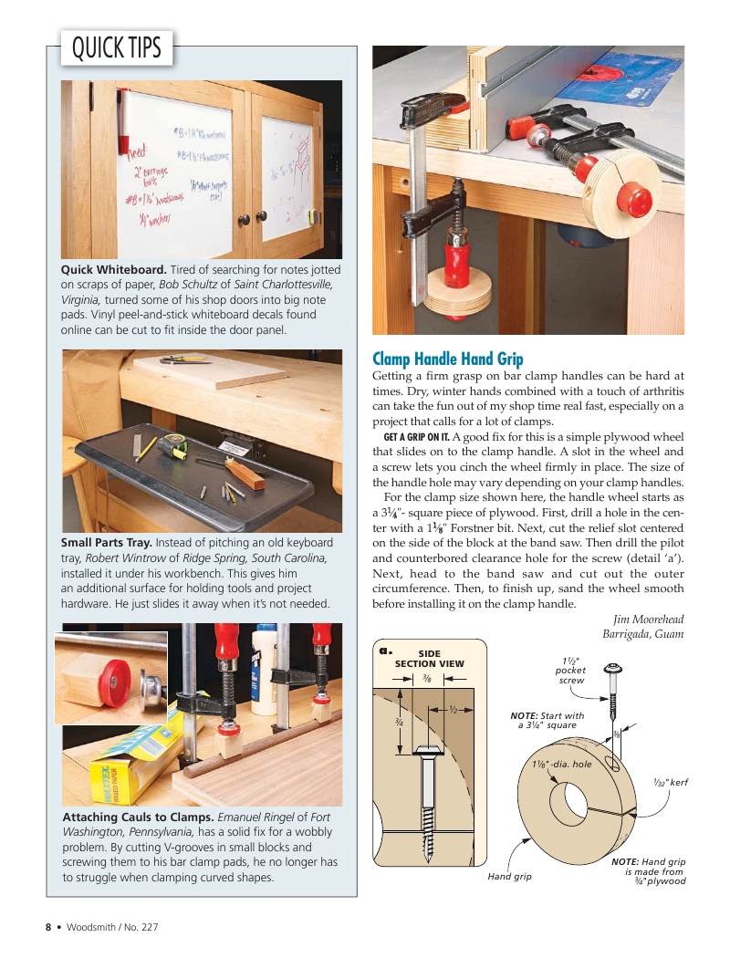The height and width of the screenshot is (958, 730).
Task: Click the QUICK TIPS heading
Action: click(x=116, y=47)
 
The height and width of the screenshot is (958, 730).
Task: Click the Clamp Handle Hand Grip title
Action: click(x=448, y=359)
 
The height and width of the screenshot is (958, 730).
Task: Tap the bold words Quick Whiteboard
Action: click(x=113, y=270)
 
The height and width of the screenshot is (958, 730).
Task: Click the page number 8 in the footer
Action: click(x=49, y=927)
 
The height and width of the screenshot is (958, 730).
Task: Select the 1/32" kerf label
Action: click(x=670, y=782)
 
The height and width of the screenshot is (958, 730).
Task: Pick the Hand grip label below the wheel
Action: click(x=509, y=876)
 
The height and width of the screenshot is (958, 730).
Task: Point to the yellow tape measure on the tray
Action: click(x=172, y=447)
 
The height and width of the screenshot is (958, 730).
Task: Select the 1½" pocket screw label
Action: click(x=570, y=671)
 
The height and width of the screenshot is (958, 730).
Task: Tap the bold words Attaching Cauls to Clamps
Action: click(x=138, y=817)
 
